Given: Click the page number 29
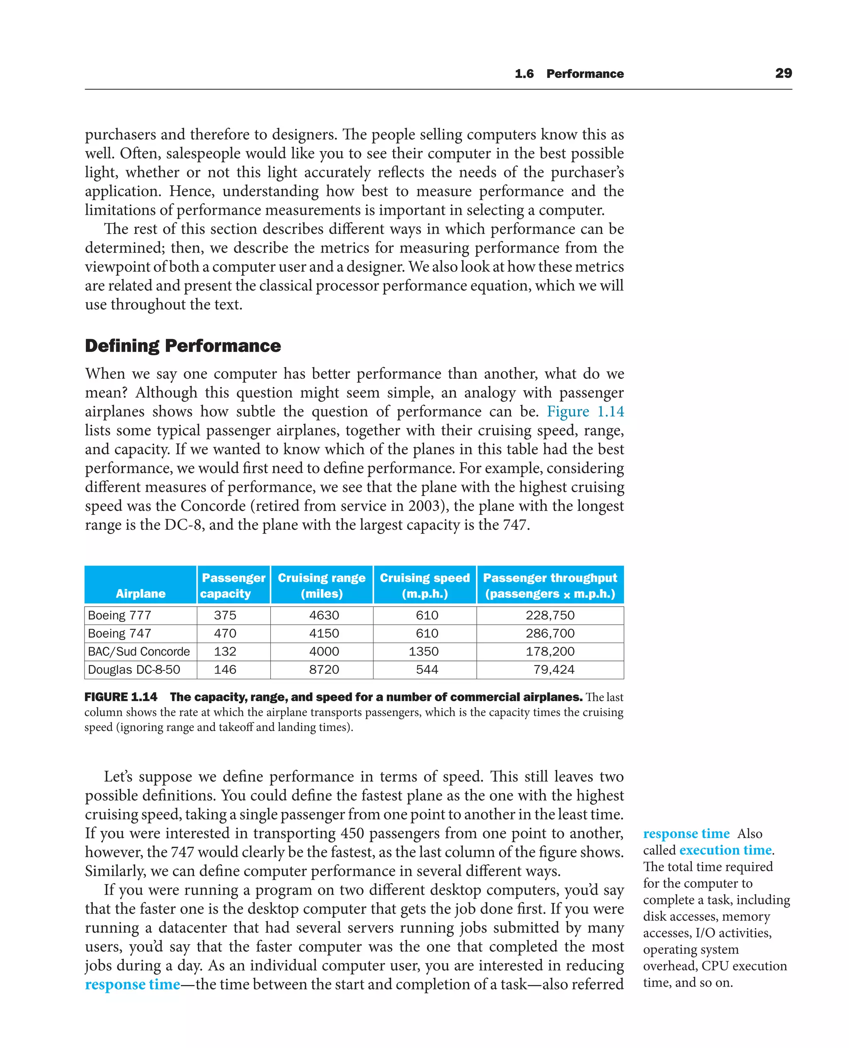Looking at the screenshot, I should (x=783, y=73).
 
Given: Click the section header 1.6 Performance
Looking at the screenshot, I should (x=569, y=74).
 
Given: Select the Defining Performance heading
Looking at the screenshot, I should (x=183, y=346).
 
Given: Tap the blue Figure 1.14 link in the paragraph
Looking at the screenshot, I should (x=585, y=411).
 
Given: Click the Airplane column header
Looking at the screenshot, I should (x=141, y=593).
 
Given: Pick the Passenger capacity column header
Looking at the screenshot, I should (x=233, y=585).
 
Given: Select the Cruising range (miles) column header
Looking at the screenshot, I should (x=321, y=585).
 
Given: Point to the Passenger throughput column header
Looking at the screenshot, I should (x=550, y=585).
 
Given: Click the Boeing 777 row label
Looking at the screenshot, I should (x=119, y=615).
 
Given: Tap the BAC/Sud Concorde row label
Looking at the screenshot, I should (x=138, y=651).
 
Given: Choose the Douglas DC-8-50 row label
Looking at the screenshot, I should (x=133, y=670).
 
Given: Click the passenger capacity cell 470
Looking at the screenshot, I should (x=225, y=634).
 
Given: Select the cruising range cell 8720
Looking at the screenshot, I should (x=324, y=670).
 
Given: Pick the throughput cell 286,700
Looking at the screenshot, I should (x=550, y=634).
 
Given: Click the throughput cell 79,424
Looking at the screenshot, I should (x=553, y=670).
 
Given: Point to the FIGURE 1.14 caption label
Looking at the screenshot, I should (x=121, y=697).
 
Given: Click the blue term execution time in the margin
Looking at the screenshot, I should (x=725, y=850).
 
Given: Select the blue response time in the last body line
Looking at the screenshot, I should (x=133, y=985).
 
